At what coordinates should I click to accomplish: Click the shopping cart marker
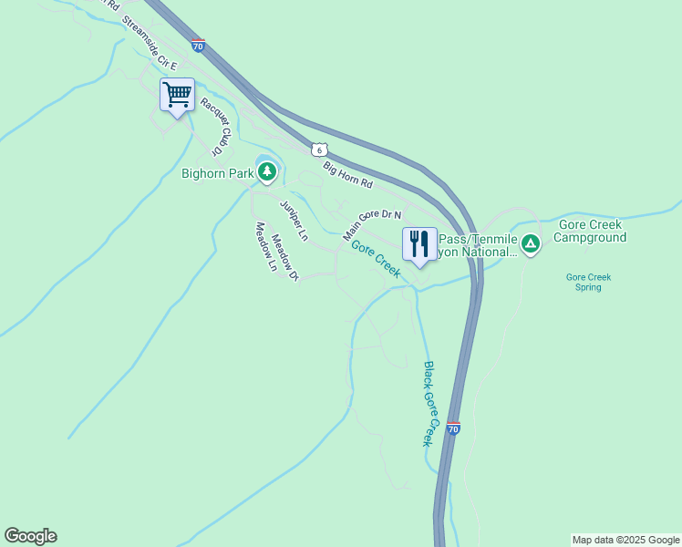pos(177,94)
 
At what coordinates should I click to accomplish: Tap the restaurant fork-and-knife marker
pos(419,243)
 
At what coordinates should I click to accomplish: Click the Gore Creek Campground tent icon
pos(531,243)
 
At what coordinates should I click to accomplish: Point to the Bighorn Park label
pos(217,172)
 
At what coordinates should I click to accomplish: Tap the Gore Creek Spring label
pos(588,282)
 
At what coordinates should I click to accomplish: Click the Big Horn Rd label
pos(348,174)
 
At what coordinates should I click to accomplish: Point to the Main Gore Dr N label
pos(372,224)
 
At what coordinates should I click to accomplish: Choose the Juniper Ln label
pos(294,220)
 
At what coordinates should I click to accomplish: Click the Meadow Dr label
pos(285,256)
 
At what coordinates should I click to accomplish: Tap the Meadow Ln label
pos(265,247)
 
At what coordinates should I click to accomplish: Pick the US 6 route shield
pos(316,149)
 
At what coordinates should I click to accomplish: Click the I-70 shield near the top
pos(198,44)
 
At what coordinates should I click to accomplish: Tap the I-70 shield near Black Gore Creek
pos(453,428)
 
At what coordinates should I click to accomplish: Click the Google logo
pos(30,536)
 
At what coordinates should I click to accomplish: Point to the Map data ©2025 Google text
pos(625,540)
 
